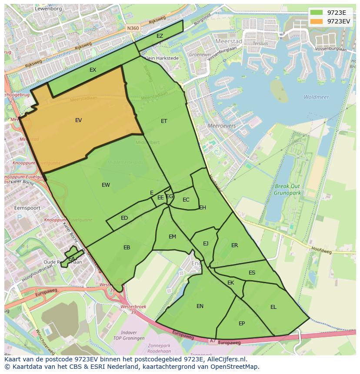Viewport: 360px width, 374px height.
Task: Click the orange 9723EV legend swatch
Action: [317, 21]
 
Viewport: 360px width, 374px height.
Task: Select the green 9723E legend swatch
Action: [317, 13]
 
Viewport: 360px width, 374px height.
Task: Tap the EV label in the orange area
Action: [78, 120]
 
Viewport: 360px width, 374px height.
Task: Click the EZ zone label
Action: [160, 36]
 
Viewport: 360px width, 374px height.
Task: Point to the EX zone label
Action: [93, 70]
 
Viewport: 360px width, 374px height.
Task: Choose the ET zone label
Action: [164, 121]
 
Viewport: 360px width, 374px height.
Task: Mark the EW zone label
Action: [106, 185]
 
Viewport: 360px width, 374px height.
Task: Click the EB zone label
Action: [127, 248]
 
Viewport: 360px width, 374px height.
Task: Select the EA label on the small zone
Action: [71, 259]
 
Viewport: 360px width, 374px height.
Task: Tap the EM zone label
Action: [172, 237]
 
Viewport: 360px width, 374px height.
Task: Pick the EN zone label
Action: [200, 306]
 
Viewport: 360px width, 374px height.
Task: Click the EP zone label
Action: [242, 324]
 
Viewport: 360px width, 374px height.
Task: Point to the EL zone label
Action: [273, 307]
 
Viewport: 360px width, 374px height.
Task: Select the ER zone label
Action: [235, 245]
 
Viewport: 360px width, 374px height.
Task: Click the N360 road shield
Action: [133, 28]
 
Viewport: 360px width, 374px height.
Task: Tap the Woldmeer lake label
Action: [316, 97]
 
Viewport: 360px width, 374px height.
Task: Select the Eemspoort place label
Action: [27, 208]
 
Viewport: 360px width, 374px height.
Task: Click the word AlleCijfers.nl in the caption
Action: [225, 359]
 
